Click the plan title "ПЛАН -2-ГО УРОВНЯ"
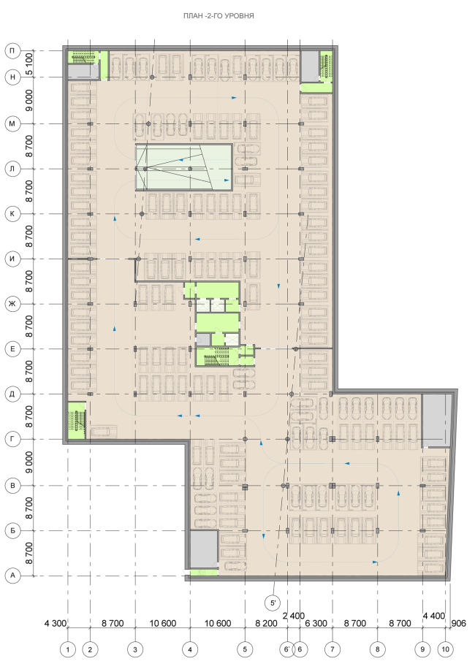[x=218, y=16]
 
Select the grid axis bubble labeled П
[x=12, y=51]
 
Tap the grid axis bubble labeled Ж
[x=12, y=304]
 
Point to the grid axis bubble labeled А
[x=12, y=576]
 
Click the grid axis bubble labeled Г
[x=12, y=439]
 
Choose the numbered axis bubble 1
[x=68, y=649]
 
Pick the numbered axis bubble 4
[x=190, y=649]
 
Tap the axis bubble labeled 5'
[x=273, y=603]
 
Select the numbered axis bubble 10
[x=446, y=649]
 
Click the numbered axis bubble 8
[x=378, y=649]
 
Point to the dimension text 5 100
[x=29, y=64]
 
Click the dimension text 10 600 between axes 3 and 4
[x=163, y=624]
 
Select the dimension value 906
[x=459, y=624]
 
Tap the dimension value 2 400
[x=294, y=616]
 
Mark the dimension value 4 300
[x=56, y=624]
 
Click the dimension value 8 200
[x=266, y=624]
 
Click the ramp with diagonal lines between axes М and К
[x=184, y=167]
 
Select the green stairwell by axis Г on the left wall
[x=77, y=420]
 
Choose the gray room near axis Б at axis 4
[x=204, y=549]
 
